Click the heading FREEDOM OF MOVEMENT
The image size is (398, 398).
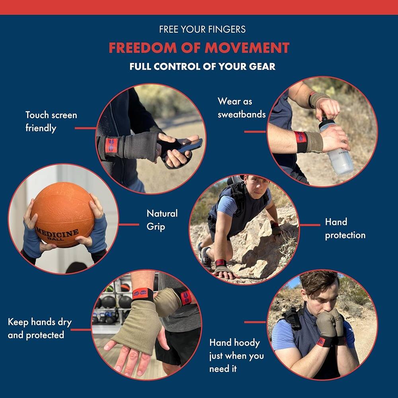(199, 48)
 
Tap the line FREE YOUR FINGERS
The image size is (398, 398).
(202, 29)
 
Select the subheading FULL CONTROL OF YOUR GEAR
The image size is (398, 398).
(202, 66)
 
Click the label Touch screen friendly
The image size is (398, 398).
(51, 121)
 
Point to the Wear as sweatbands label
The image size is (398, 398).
(241, 108)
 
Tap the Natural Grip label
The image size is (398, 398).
(162, 220)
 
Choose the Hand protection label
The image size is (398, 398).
(345, 228)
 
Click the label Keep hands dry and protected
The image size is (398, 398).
(40, 328)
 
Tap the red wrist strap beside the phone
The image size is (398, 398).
(111, 146)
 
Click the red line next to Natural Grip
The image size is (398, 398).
(129, 224)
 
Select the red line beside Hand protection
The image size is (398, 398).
(310, 225)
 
